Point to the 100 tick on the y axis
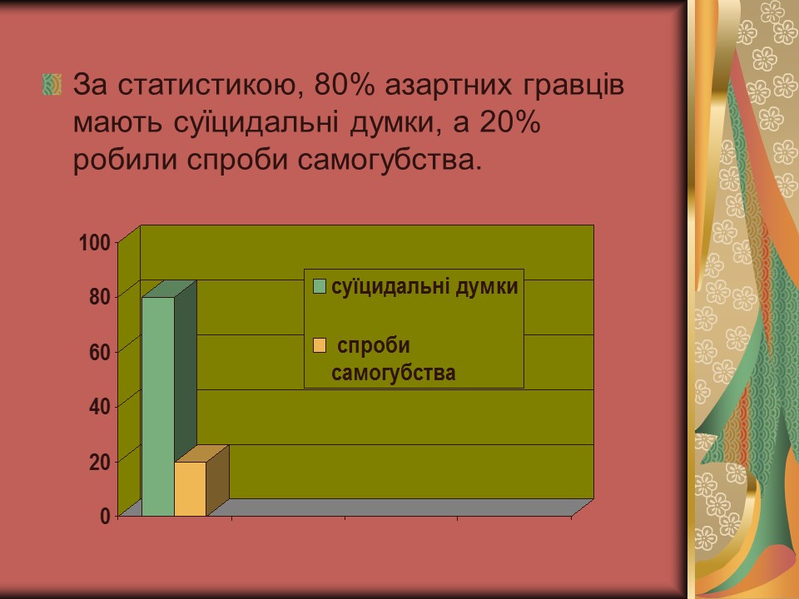tap(95, 243)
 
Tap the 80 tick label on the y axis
tap(100, 297)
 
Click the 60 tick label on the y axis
tap(100, 352)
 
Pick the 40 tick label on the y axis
tap(100, 407)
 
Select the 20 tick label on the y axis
tap(100, 462)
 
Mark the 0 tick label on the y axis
tap(105, 517)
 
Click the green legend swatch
tap(320, 287)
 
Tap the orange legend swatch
tap(320, 345)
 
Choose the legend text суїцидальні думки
tap(424, 287)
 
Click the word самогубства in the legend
tap(393, 373)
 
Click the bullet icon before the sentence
tap(52, 85)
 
